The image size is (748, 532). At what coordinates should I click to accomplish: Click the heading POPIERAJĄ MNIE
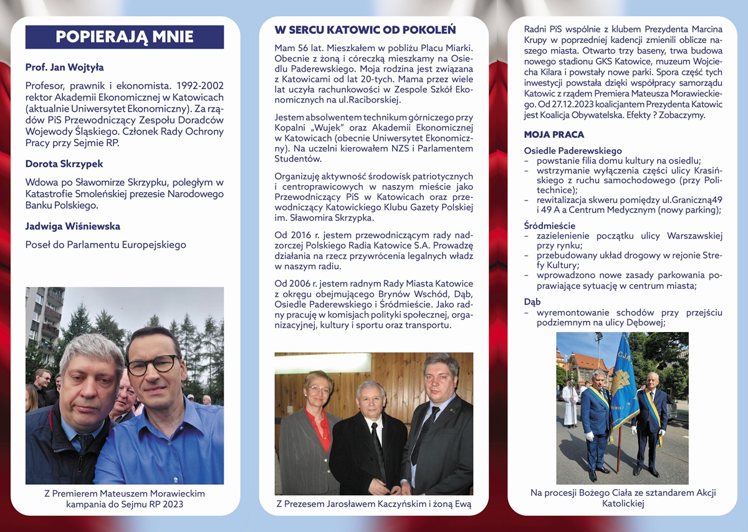125,37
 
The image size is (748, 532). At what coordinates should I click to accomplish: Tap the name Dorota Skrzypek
64,164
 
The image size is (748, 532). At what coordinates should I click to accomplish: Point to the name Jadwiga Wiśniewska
73,226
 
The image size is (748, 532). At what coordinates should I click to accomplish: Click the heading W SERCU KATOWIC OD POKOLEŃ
365,30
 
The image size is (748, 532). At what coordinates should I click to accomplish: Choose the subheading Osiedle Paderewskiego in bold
573,151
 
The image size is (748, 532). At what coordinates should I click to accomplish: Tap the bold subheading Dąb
532,302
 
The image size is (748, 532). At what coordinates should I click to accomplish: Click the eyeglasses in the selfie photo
153,365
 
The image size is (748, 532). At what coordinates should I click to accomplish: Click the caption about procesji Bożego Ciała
623,498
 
